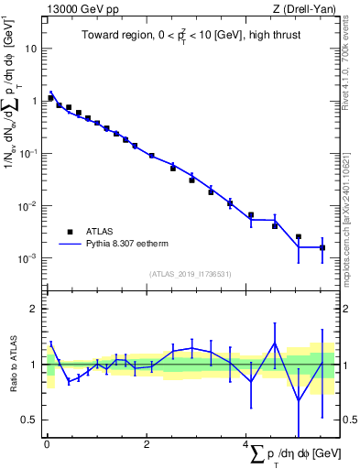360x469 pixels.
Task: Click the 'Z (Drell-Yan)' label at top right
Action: pos(306,9)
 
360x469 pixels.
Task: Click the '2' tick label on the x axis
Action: pos(147,444)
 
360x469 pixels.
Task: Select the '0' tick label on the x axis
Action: pos(48,444)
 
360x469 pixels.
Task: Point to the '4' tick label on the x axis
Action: pos(245,444)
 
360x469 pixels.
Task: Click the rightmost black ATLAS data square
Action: pos(322,247)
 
